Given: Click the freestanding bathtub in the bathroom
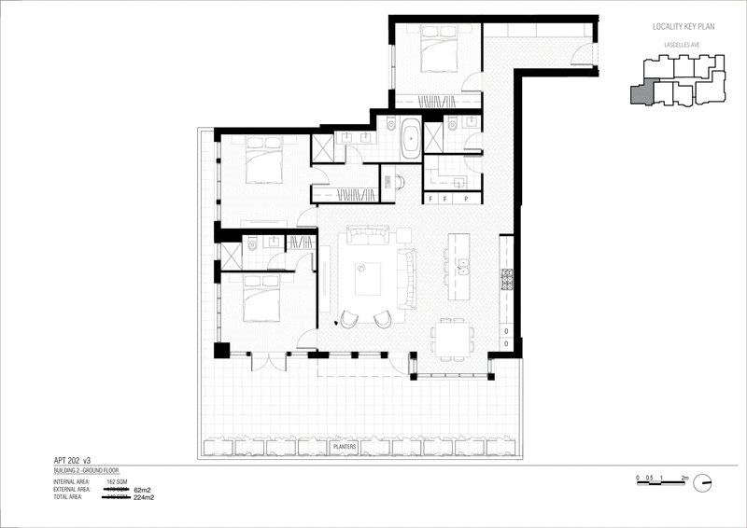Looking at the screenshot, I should click(x=411, y=140).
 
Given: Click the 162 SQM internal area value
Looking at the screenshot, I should click(x=118, y=481).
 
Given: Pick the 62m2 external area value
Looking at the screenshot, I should click(x=142, y=489).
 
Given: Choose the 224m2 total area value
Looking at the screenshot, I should click(x=144, y=497).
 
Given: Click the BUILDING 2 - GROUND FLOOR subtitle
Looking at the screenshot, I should click(x=92, y=472).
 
